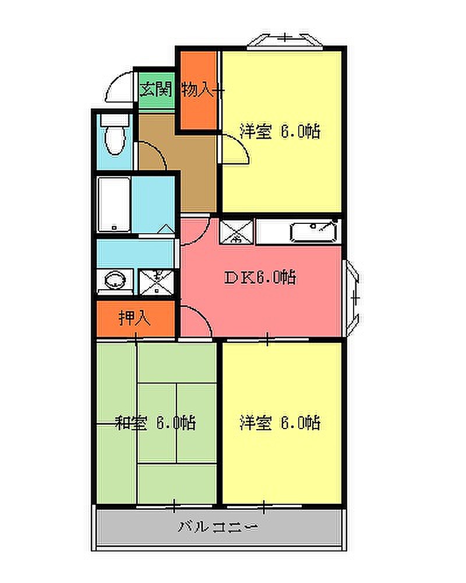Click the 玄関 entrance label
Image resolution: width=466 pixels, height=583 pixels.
156,89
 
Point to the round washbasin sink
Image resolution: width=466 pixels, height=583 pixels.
115,280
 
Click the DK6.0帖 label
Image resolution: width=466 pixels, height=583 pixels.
260,278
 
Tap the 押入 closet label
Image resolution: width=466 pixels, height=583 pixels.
134,318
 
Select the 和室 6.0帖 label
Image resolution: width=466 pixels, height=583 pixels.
156,423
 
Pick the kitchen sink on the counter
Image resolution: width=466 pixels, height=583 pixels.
314,231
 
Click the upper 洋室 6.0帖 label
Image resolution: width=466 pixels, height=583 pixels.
280,131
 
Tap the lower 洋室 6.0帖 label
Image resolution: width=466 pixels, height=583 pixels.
280,423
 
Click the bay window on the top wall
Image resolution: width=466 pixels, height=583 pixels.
285,41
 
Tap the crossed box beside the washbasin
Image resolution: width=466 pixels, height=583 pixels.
157,282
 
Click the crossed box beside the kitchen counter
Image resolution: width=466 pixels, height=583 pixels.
236,231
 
